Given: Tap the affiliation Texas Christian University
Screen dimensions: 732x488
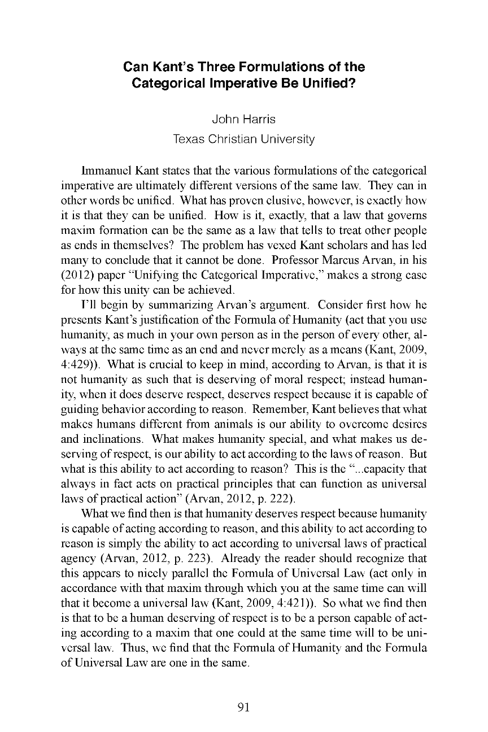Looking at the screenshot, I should point(243,139).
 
